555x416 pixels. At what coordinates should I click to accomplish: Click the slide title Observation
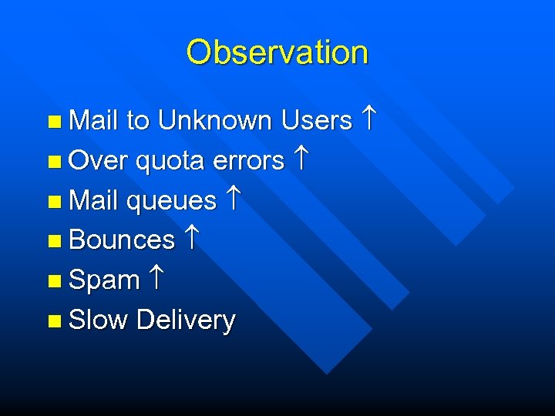(x=277, y=52)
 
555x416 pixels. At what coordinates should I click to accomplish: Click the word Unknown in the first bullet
(x=215, y=120)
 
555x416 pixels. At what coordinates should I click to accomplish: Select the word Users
(x=317, y=120)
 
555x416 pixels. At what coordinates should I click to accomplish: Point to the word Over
(x=99, y=160)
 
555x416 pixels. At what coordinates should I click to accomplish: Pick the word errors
(x=249, y=160)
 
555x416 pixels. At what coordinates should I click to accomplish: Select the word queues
(x=171, y=200)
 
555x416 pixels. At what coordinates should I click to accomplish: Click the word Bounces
(x=122, y=240)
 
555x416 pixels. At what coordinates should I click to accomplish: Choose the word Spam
(x=104, y=280)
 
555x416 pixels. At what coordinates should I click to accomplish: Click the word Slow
(x=98, y=320)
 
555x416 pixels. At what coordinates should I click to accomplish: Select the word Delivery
(x=185, y=320)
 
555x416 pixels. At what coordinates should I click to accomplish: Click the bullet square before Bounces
(x=53, y=241)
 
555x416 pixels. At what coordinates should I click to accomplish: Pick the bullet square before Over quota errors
(x=53, y=162)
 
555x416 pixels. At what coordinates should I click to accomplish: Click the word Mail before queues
(x=92, y=200)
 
